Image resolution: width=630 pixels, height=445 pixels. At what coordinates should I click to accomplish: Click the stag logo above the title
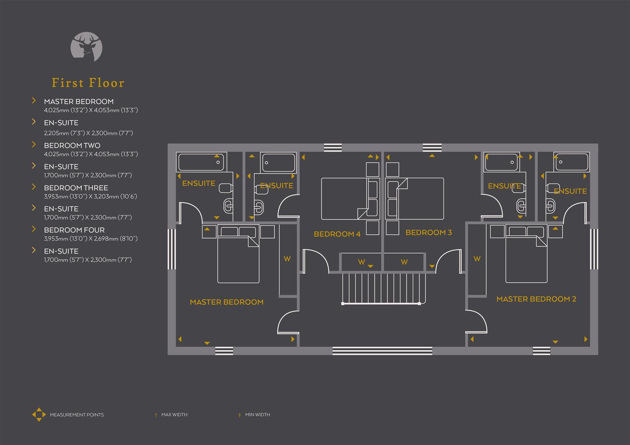87,47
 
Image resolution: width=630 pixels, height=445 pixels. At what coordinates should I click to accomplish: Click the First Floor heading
88,83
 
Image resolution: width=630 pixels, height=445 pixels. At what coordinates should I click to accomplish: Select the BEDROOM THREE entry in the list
76,188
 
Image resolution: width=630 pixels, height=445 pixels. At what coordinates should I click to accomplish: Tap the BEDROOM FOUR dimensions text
91,239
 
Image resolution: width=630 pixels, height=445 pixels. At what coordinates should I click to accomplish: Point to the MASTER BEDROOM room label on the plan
226,302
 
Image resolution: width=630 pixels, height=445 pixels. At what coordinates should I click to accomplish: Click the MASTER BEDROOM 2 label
536,299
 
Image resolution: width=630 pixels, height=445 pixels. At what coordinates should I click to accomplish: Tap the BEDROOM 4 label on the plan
337,234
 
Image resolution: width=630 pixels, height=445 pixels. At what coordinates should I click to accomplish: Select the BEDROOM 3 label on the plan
428,232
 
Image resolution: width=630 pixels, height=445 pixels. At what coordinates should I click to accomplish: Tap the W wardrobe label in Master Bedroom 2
477,259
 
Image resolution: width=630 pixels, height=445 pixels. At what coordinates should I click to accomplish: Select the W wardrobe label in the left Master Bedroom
287,259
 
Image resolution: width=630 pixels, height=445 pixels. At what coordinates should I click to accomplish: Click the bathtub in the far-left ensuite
200,162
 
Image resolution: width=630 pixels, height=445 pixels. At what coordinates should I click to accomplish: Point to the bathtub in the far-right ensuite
571,162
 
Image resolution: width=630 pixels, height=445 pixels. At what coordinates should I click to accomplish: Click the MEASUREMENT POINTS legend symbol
39,415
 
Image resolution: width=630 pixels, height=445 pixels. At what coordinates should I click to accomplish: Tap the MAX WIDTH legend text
174,415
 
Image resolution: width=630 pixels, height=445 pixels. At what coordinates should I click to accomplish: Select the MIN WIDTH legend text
257,415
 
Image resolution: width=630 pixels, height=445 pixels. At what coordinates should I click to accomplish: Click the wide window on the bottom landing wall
382,351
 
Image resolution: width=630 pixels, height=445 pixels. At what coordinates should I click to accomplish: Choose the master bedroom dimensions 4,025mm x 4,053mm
91,110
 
